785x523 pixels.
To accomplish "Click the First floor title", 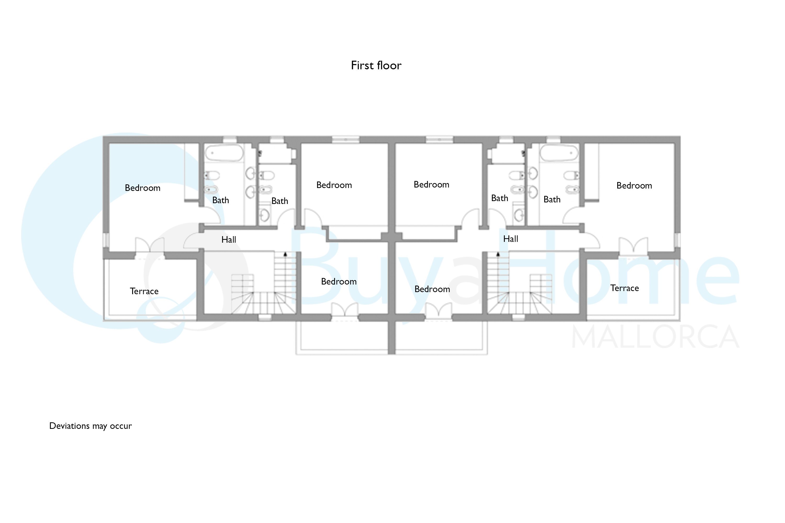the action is pyautogui.click(x=376, y=65).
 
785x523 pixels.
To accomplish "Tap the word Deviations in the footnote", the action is pyautogui.click(x=69, y=426).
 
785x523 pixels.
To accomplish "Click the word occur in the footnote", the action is pyautogui.click(x=121, y=426).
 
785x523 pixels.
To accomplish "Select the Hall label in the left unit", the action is pyautogui.click(x=229, y=240).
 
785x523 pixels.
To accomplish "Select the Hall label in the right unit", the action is pyautogui.click(x=511, y=239).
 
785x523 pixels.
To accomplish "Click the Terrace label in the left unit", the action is pyautogui.click(x=144, y=291).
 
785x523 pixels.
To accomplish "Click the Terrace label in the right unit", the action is pyautogui.click(x=624, y=288).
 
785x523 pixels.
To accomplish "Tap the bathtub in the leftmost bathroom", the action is pyautogui.click(x=224, y=154).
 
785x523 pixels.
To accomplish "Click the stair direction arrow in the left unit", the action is pyautogui.click(x=285, y=254).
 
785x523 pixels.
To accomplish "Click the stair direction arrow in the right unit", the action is pyautogui.click(x=498, y=254).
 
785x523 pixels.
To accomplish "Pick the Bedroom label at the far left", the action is pyautogui.click(x=143, y=188).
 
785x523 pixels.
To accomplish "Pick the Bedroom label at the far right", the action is pyautogui.click(x=634, y=185).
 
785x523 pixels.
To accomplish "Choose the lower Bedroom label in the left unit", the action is pyautogui.click(x=339, y=282).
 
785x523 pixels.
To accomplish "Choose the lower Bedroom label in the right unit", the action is pyautogui.click(x=432, y=289).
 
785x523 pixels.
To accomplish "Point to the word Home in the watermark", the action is pyautogui.click(x=651, y=267).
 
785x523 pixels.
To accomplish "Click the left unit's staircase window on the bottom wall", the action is pyautogui.click(x=265, y=317).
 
